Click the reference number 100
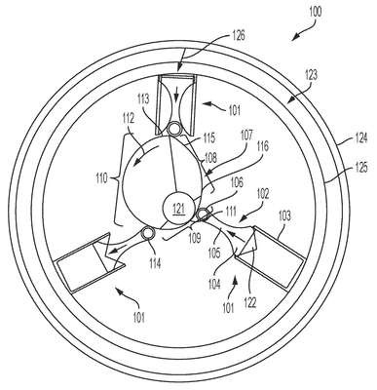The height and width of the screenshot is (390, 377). click(315, 13)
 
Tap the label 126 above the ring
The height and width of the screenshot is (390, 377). click(238, 35)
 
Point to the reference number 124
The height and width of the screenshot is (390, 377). click(360, 138)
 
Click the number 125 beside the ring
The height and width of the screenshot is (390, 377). click(360, 168)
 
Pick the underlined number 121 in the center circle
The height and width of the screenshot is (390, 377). click(178, 210)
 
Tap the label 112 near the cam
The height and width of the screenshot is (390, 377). click(128, 120)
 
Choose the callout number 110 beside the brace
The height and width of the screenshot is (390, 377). click(101, 178)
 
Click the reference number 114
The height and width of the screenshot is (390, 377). click(155, 263)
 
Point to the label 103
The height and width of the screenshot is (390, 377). click(284, 216)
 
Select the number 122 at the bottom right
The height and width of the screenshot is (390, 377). click(250, 303)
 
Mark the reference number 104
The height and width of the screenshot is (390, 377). click(213, 285)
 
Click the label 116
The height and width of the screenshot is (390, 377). click(262, 146)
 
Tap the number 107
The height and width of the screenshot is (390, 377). click(245, 136)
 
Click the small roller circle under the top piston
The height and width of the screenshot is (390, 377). click(174, 129)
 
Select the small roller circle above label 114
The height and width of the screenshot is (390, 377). click(149, 232)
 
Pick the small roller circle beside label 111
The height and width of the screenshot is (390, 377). click(204, 214)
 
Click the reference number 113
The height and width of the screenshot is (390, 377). click(143, 98)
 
